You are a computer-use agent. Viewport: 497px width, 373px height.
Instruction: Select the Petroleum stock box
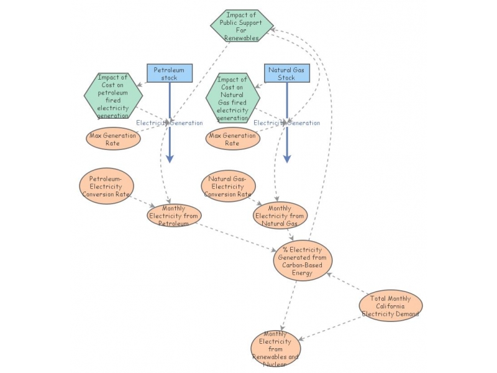[x=170, y=73]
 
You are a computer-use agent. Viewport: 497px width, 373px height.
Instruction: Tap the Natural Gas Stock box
[x=286, y=73]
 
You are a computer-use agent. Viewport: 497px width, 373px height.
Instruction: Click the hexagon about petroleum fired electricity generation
[x=113, y=96]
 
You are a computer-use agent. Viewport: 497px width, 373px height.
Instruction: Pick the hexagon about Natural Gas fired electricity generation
[x=232, y=98]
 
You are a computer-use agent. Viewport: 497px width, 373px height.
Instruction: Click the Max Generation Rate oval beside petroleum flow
[x=113, y=139]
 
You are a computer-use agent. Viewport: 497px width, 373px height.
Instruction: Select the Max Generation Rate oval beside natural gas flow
[x=232, y=139]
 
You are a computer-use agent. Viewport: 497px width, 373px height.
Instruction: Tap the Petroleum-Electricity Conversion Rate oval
[x=106, y=186]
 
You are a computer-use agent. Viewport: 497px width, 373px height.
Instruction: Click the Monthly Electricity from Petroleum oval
[x=175, y=215]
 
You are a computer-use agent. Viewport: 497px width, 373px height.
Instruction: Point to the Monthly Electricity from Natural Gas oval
[x=280, y=215]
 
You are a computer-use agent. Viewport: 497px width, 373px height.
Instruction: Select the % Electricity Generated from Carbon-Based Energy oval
[x=303, y=260]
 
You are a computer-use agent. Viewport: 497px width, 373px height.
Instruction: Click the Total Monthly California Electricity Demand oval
[x=391, y=306]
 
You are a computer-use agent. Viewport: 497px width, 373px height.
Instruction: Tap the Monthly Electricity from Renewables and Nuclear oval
[x=275, y=349]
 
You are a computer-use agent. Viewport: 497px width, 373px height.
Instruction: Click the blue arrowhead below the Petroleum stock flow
[x=170, y=158]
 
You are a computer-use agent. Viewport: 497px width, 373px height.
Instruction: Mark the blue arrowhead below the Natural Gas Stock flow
[x=286, y=158]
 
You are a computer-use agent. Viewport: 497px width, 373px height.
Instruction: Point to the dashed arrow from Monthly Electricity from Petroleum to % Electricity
[x=236, y=237]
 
